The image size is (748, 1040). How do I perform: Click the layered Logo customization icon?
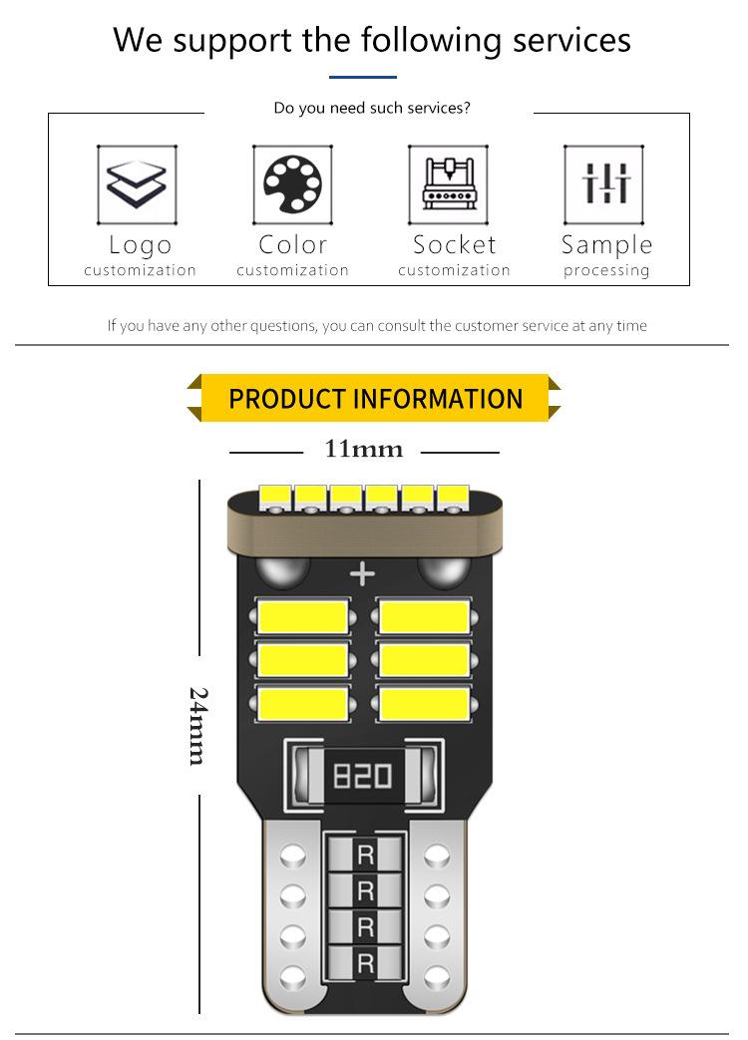(x=137, y=184)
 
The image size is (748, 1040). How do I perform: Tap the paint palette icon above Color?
(x=292, y=184)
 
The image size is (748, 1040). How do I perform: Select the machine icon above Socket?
(x=448, y=184)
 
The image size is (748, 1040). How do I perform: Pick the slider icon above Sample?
(x=605, y=184)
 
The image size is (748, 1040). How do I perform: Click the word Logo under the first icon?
(x=140, y=245)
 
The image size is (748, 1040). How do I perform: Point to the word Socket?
(x=454, y=245)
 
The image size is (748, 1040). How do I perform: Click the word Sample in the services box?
(x=606, y=245)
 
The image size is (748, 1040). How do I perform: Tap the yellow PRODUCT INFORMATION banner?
(x=375, y=399)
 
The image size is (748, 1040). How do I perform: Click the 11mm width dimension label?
(x=363, y=451)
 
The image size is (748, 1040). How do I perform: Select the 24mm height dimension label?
(x=198, y=725)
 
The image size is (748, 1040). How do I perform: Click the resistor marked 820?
(x=362, y=775)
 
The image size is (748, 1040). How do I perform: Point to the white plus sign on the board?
(x=362, y=573)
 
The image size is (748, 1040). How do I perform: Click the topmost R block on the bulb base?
(x=365, y=854)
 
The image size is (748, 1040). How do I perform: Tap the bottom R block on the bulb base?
(x=365, y=963)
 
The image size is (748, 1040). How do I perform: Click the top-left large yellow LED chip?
(x=303, y=616)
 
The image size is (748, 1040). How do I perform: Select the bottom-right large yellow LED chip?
(x=425, y=704)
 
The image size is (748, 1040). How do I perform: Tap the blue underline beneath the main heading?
(x=363, y=77)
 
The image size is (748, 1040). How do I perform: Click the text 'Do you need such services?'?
(x=371, y=108)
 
